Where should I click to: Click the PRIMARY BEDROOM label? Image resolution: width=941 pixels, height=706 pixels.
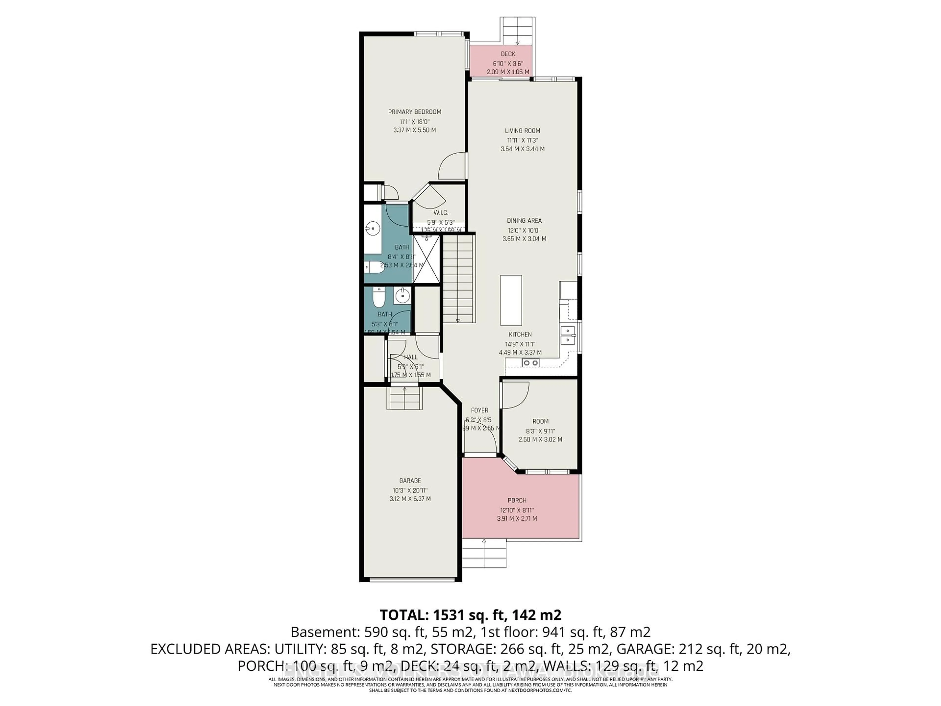pyautogui.click(x=414, y=112)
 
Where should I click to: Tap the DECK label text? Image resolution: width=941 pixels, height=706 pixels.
pyautogui.click(x=508, y=54)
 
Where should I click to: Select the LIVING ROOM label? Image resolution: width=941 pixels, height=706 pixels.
pyautogui.click(x=522, y=131)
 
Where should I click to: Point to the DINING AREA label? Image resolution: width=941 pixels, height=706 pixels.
pyautogui.click(x=524, y=220)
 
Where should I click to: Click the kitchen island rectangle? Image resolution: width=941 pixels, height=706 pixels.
pyautogui.click(x=511, y=300)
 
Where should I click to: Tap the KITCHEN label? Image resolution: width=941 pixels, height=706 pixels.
pyautogui.click(x=520, y=334)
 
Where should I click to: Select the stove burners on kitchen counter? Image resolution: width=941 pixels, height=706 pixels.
pyautogui.click(x=531, y=363)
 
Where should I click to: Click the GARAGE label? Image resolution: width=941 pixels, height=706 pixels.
pyautogui.click(x=410, y=480)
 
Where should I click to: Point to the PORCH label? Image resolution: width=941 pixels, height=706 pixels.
pyautogui.click(x=517, y=501)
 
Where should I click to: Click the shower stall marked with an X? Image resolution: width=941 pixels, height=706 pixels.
pyautogui.click(x=426, y=259)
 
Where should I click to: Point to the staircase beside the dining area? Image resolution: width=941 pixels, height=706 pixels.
pyautogui.click(x=458, y=279)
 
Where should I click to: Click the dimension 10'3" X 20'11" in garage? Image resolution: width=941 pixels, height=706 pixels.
pyautogui.click(x=410, y=490)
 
